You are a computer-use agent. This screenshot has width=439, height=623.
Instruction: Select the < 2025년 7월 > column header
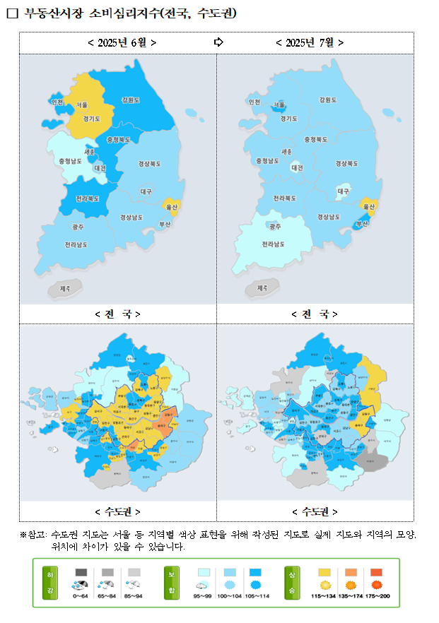[310, 42]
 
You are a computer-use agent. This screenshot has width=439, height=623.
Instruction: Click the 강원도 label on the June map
[131, 100]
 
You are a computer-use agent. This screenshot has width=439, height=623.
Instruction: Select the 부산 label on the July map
[362, 223]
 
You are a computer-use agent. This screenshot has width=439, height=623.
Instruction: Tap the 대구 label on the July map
[343, 191]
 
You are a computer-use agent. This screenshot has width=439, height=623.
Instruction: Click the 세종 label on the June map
[89, 152]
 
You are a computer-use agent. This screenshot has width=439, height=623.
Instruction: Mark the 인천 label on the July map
[254, 102]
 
